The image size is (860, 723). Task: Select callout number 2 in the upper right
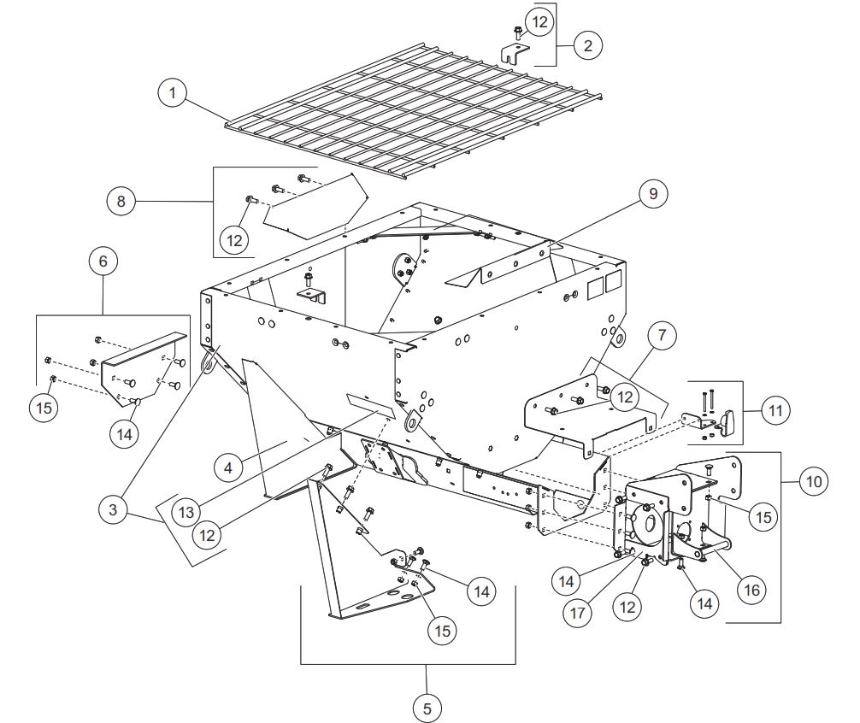pyautogui.click(x=587, y=45)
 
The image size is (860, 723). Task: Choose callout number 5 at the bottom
pyautogui.click(x=428, y=707)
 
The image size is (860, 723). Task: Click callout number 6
pyautogui.click(x=103, y=262)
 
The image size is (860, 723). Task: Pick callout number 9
pyautogui.click(x=652, y=194)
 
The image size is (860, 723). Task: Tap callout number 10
pyautogui.click(x=813, y=482)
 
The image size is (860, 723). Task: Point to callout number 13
pyautogui.click(x=185, y=512)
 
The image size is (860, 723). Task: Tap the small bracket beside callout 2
pyautogui.click(x=512, y=53)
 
